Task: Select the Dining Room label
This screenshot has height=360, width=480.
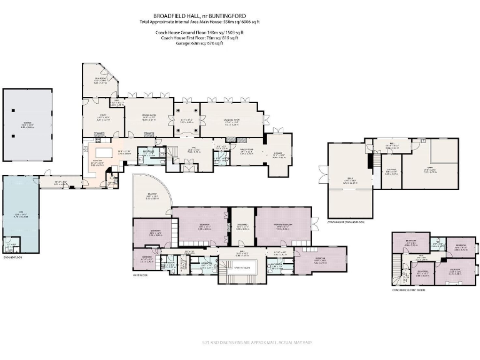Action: pyautogui.click(x=149, y=116)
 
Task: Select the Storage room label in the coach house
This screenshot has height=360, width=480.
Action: pyautogui.click(x=390, y=172)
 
